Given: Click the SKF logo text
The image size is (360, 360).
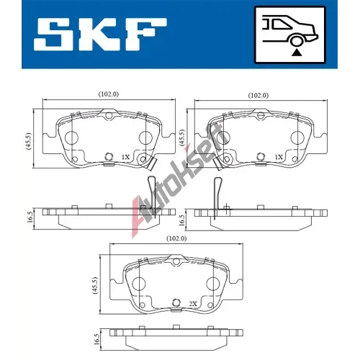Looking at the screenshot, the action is [100, 34].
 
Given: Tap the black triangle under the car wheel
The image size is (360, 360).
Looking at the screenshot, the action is [297, 53].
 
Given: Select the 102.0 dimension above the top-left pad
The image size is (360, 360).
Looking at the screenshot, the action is [109, 94].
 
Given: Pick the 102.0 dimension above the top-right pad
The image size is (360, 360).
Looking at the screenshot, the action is [258, 95].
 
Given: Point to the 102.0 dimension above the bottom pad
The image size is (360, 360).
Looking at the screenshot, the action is [176, 238].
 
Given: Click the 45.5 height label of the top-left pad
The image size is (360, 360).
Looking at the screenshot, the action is [29, 141].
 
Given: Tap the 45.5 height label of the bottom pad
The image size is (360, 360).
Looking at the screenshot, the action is [95, 285].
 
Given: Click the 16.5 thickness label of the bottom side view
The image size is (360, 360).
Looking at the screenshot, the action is [96, 339].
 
